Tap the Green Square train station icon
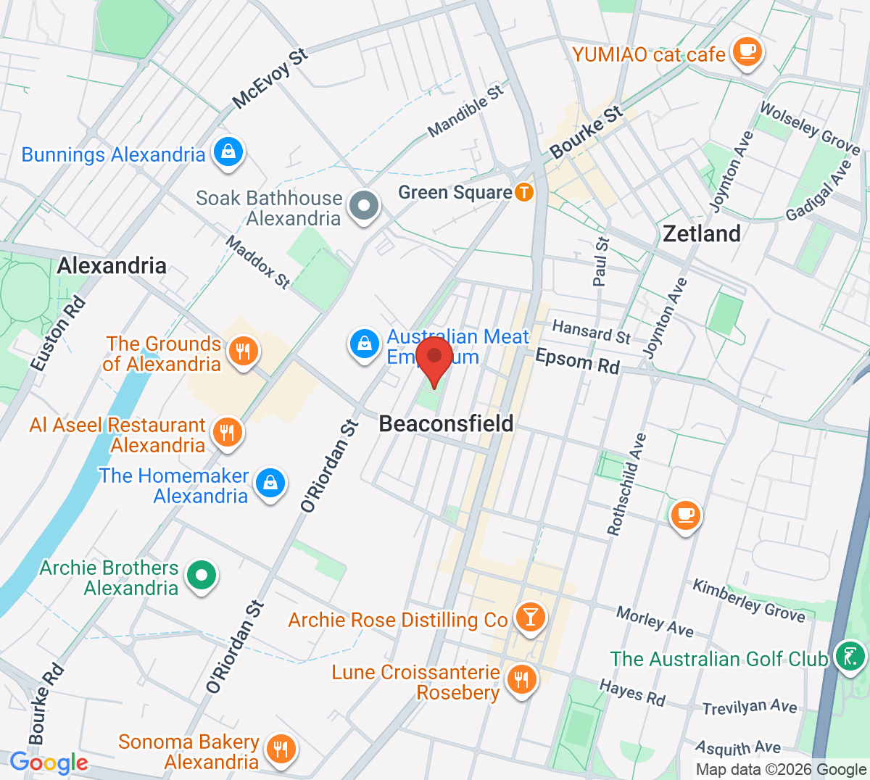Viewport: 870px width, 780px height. point(523,192)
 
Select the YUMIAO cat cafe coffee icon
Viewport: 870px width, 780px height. point(746,52)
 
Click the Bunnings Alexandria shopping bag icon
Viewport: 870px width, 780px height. point(228,152)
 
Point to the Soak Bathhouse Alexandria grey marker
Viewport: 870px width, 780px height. point(364,206)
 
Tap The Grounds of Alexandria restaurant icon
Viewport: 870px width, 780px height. point(243,352)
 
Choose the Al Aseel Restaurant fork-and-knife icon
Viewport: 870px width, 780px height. point(227,433)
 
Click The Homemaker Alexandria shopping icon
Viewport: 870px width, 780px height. point(270,482)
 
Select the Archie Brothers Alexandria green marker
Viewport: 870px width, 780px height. point(202,576)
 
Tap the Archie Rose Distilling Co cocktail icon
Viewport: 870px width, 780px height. point(530,618)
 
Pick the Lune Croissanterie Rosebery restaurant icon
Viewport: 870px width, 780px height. point(521,680)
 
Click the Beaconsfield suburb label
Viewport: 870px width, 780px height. point(446,423)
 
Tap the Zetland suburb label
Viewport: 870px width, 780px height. point(702,233)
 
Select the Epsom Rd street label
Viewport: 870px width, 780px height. point(577,360)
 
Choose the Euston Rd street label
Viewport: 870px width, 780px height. point(58,334)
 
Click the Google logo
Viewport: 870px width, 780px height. point(49,762)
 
